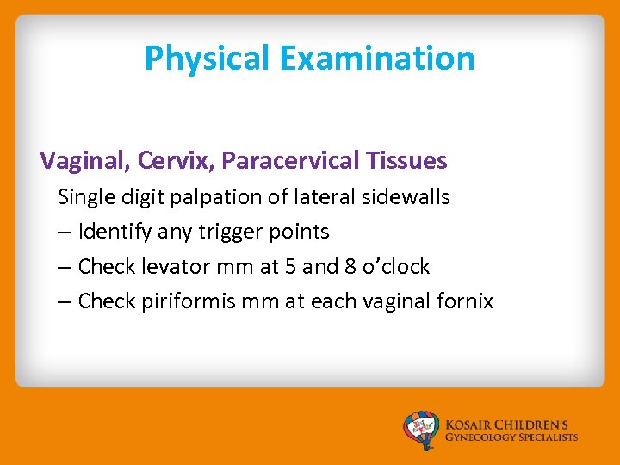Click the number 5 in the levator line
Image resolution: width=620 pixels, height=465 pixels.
(x=289, y=267)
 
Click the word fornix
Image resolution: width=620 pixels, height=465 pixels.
(x=466, y=301)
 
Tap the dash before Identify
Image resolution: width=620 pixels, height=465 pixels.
(x=65, y=232)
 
